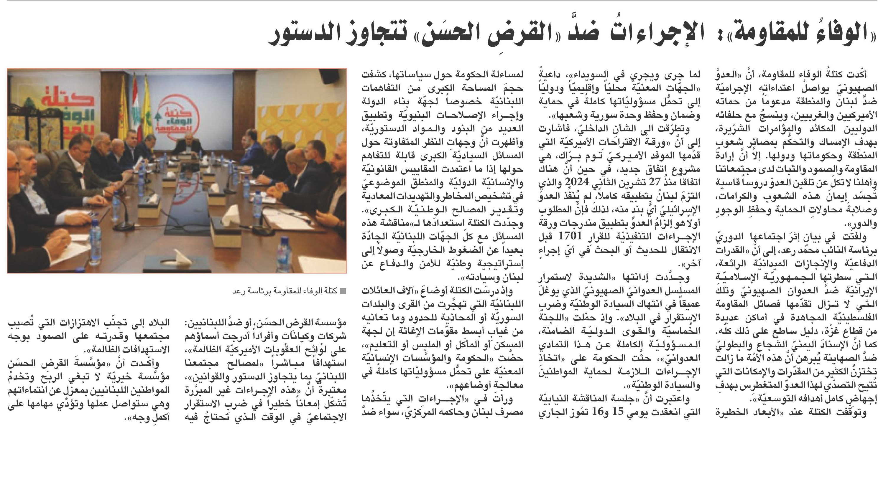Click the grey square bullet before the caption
pyautogui.click(x=343, y=291)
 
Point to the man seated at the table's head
pyautogui.click(x=188, y=146)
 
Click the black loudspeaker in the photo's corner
pyautogui.click(x=329, y=77)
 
